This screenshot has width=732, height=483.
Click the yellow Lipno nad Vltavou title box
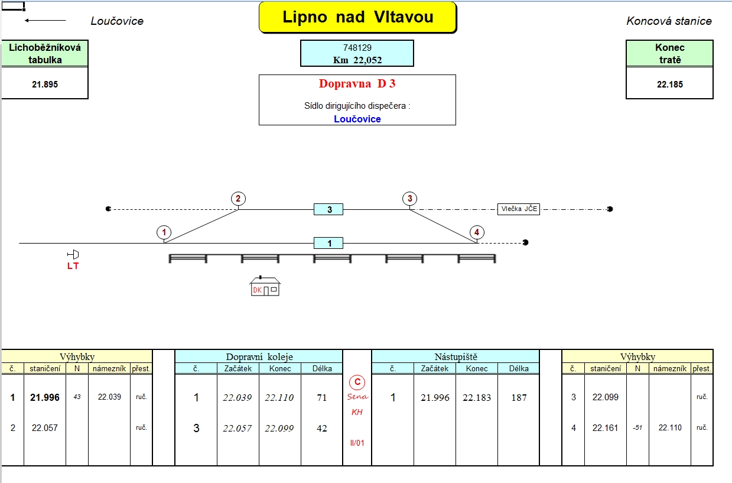[x=357, y=17]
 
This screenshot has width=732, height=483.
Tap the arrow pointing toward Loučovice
[x=45, y=21]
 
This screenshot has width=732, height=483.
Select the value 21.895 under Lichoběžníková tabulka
[x=45, y=85]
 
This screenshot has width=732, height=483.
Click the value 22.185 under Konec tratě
[x=670, y=85]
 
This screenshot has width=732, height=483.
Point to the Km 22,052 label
[x=357, y=60]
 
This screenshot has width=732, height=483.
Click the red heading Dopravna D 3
[x=357, y=84]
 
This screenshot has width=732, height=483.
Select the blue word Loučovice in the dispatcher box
[x=357, y=119]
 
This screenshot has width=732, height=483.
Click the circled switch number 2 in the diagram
[x=238, y=199]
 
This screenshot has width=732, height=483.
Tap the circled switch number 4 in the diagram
[x=477, y=232]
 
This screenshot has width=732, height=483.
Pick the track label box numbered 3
[x=328, y=209]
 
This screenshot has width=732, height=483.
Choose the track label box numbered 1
[x=328, y=243]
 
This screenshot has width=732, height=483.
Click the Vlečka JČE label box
[x=519, y=209]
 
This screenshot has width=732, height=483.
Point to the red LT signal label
[x=73, y=266]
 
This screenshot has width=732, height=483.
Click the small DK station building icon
[x=265, y=286]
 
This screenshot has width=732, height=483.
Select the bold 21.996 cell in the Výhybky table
[x=45, y=397]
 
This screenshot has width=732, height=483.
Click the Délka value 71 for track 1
[x=322, y=398]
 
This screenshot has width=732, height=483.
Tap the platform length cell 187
[x=519, y=398]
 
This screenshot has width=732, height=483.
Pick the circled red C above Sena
[x=357, y=382]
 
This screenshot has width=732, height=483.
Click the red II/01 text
[x=357, y=443]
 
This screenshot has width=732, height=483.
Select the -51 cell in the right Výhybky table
[x=637, y=428]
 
